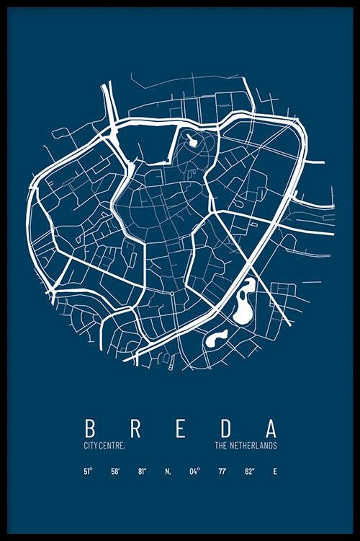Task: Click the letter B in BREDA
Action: (x=91, y=428)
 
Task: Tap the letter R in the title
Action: (x=136, y=428)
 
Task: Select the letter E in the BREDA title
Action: (x=181, y=428)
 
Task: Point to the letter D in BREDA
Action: (x=226, y=428)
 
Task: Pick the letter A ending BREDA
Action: (x=271, y=428)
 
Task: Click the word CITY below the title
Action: (x=91, y=446)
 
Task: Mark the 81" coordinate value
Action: (x=142, y=472)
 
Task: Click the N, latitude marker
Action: (x=168, y=472)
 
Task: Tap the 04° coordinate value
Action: (x=194, y=472)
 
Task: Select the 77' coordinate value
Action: (x=221, y=472)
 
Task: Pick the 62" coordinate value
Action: (x=248, y=472)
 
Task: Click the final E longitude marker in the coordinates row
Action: (x=274, y=472)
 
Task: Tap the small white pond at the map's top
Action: (x=192, y=141)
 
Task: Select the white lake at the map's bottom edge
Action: (x=216, y=338)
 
